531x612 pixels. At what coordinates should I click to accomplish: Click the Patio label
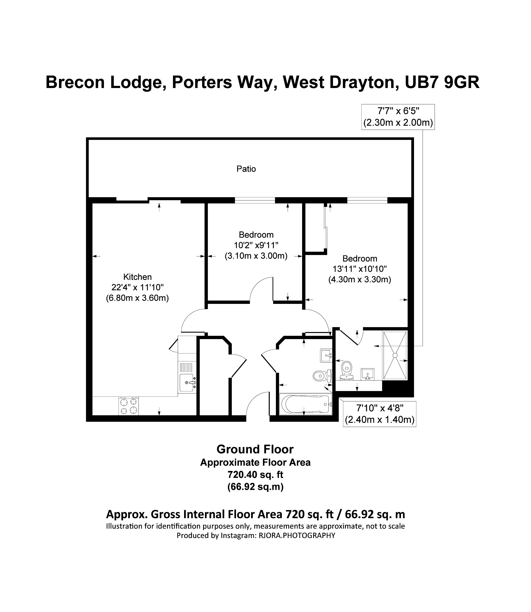246,169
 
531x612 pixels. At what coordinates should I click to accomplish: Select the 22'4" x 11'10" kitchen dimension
137,287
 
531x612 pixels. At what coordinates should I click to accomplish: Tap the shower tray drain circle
395,355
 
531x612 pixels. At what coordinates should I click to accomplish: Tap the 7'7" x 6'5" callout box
398,117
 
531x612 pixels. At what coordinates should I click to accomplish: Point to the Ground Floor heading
255,449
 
